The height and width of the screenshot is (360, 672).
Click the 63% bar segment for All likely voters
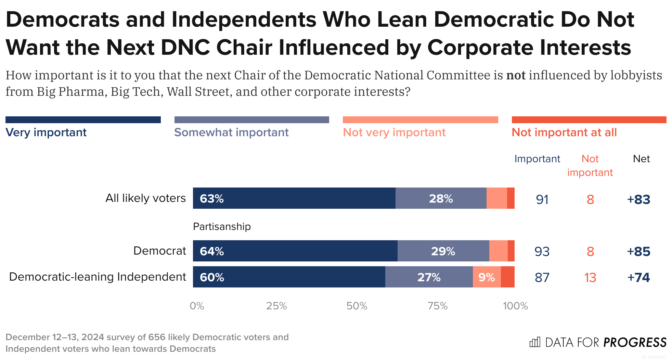click(x=294, y=198)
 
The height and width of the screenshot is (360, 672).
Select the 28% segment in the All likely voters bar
click(x=441, y=198)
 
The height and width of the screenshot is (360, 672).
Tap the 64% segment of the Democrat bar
click(x=295, y=251)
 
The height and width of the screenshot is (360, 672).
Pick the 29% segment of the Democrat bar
click(x=443, y=251)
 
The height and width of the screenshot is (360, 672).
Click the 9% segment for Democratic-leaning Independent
click(x=487, y=277)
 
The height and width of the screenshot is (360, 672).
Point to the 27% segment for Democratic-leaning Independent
click(x=429, y=277)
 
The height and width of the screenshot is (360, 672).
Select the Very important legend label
click(x=46, y=132)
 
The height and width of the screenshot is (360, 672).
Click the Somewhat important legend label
click(x=231, y=132)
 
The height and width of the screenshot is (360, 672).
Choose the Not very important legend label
click(x=394, y=132)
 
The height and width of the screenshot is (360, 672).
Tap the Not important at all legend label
click(x=564, y=132)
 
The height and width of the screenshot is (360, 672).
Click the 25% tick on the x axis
click(x=276, y=306)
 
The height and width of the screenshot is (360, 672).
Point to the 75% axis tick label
click(x=438, y=306)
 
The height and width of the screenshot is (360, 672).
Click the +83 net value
click(x=638, y=199)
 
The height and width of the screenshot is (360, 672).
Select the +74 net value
click(x=638, y=277)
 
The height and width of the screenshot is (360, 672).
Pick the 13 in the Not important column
click(x=590, y=278)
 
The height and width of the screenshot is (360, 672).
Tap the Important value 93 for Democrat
click(x=542, y=252)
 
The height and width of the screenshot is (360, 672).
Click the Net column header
click(x=641, y=159)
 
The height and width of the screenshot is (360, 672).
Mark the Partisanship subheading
click(x=222, y=227)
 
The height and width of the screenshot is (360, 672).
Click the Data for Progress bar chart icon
click(x=534, y=342)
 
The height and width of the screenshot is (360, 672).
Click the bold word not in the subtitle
click(x=516, y=75)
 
